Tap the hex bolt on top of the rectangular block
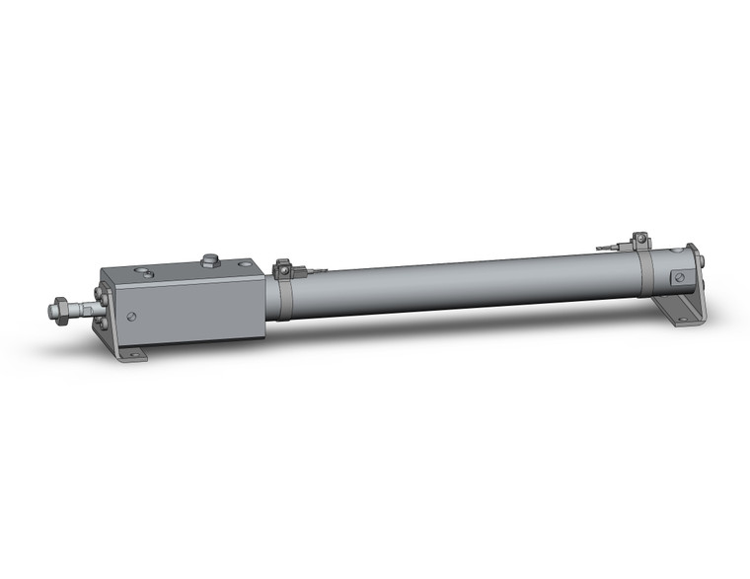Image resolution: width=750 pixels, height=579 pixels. tap(208, 260)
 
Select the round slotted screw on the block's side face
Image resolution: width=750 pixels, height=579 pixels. tap(132, 317)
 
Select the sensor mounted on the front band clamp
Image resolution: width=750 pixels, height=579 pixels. tap(284, 266)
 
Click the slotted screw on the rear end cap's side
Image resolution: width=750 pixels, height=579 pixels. tap(678, 279)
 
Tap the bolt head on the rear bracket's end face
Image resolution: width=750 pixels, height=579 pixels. tap(700, 262)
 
